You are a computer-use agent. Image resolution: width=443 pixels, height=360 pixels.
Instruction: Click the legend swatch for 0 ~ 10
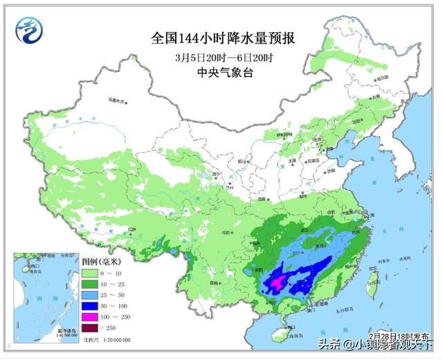pyautogui.click(x=90, y=275)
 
